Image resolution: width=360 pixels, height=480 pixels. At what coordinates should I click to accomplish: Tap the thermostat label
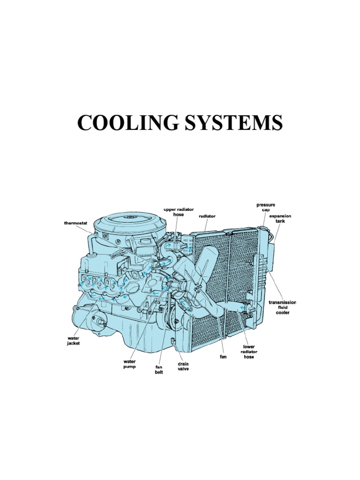pos(76,223)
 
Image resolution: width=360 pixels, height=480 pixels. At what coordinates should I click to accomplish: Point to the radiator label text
pos(207,217)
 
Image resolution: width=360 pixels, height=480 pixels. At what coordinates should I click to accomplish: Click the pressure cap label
pos(266,208)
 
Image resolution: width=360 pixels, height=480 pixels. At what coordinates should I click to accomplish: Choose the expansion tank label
pos(283,219)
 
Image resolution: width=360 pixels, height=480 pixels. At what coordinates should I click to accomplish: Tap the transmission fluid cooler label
pos(282,307)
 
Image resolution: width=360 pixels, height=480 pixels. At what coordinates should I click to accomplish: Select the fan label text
pos(223,356)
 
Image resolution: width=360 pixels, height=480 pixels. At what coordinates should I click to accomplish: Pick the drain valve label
pos(183,366)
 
